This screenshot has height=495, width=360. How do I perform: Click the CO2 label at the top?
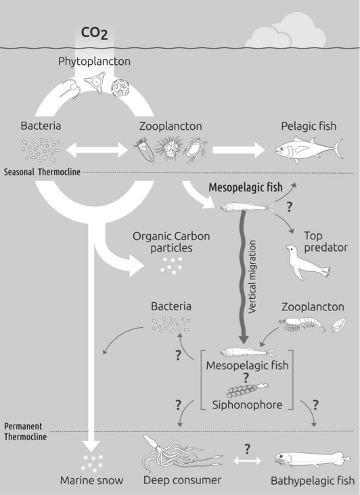[95, 33]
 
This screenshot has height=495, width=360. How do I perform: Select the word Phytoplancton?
[94, 62]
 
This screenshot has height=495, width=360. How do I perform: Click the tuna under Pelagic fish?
[309, 149]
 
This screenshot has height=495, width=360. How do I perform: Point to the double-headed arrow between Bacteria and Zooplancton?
[97, 149]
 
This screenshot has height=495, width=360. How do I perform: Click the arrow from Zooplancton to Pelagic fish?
[238, 149]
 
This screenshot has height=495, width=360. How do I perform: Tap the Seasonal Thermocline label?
[42, 172]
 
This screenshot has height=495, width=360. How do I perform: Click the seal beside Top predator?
[307, 262]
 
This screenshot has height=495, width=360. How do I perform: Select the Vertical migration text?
[252, 277]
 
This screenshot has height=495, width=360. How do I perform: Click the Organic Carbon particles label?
[171, 242]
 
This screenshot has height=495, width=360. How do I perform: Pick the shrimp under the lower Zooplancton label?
[302, 325]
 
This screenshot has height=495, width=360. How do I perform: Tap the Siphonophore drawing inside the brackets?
[247, 390]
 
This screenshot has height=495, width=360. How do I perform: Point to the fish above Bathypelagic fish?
[313, 458]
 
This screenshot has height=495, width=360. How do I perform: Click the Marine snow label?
[91, 481]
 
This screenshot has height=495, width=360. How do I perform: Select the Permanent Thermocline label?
[25, 431]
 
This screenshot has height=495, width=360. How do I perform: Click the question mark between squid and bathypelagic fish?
[247, 448]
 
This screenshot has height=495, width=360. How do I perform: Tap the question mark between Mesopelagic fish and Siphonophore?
[246, 377]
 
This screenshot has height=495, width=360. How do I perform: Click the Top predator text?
[325, 241]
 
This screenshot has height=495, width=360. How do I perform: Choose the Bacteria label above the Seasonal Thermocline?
[41, 126]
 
